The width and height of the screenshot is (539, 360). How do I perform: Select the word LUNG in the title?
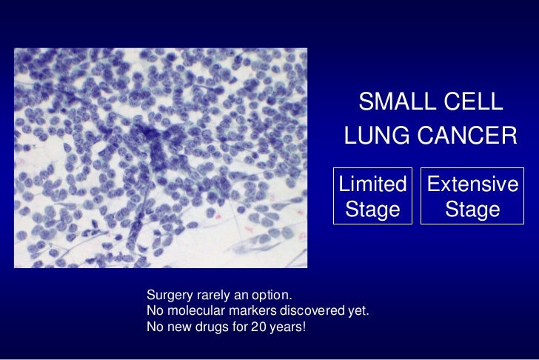click(378, 136)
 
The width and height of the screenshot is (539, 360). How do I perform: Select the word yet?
click(357, 310)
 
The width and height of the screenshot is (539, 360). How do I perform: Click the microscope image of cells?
click(161, 158)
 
